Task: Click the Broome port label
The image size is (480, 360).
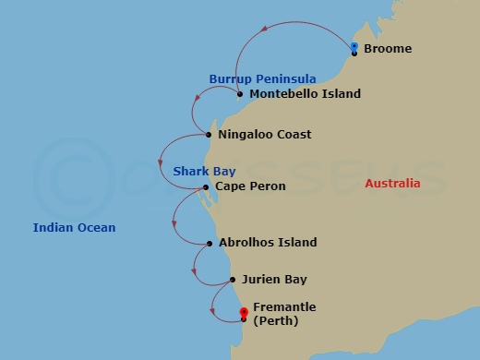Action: (388, 49)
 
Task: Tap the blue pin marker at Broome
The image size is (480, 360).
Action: (354, 47)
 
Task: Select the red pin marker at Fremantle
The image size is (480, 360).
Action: (243, 313)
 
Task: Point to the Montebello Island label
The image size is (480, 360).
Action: (306, 94)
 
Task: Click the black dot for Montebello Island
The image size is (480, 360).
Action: (240, 94)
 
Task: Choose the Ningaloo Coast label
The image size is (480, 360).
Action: (265, 135)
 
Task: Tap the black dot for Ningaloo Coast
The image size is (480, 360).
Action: (209, 135)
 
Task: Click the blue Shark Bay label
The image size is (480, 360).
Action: (204, 172)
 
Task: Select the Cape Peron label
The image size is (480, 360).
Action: (250, 186)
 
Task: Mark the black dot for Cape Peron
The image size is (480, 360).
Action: (206, 187)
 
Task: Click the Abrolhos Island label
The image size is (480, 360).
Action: (268, 243)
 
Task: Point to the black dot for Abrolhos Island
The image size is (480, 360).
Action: (210, 244)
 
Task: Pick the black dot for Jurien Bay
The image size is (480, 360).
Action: (232, 279)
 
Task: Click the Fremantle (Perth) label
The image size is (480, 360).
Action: (284, 314)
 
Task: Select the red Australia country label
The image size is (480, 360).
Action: (392, 184)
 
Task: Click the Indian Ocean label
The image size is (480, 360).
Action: (74, 227)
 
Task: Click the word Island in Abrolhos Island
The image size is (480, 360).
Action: (295, 243)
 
